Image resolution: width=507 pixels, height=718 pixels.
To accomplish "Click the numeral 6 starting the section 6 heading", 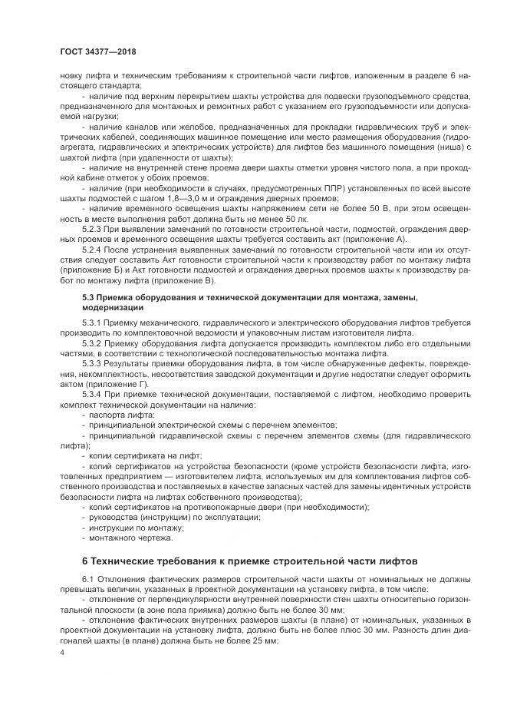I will pos(86,561).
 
